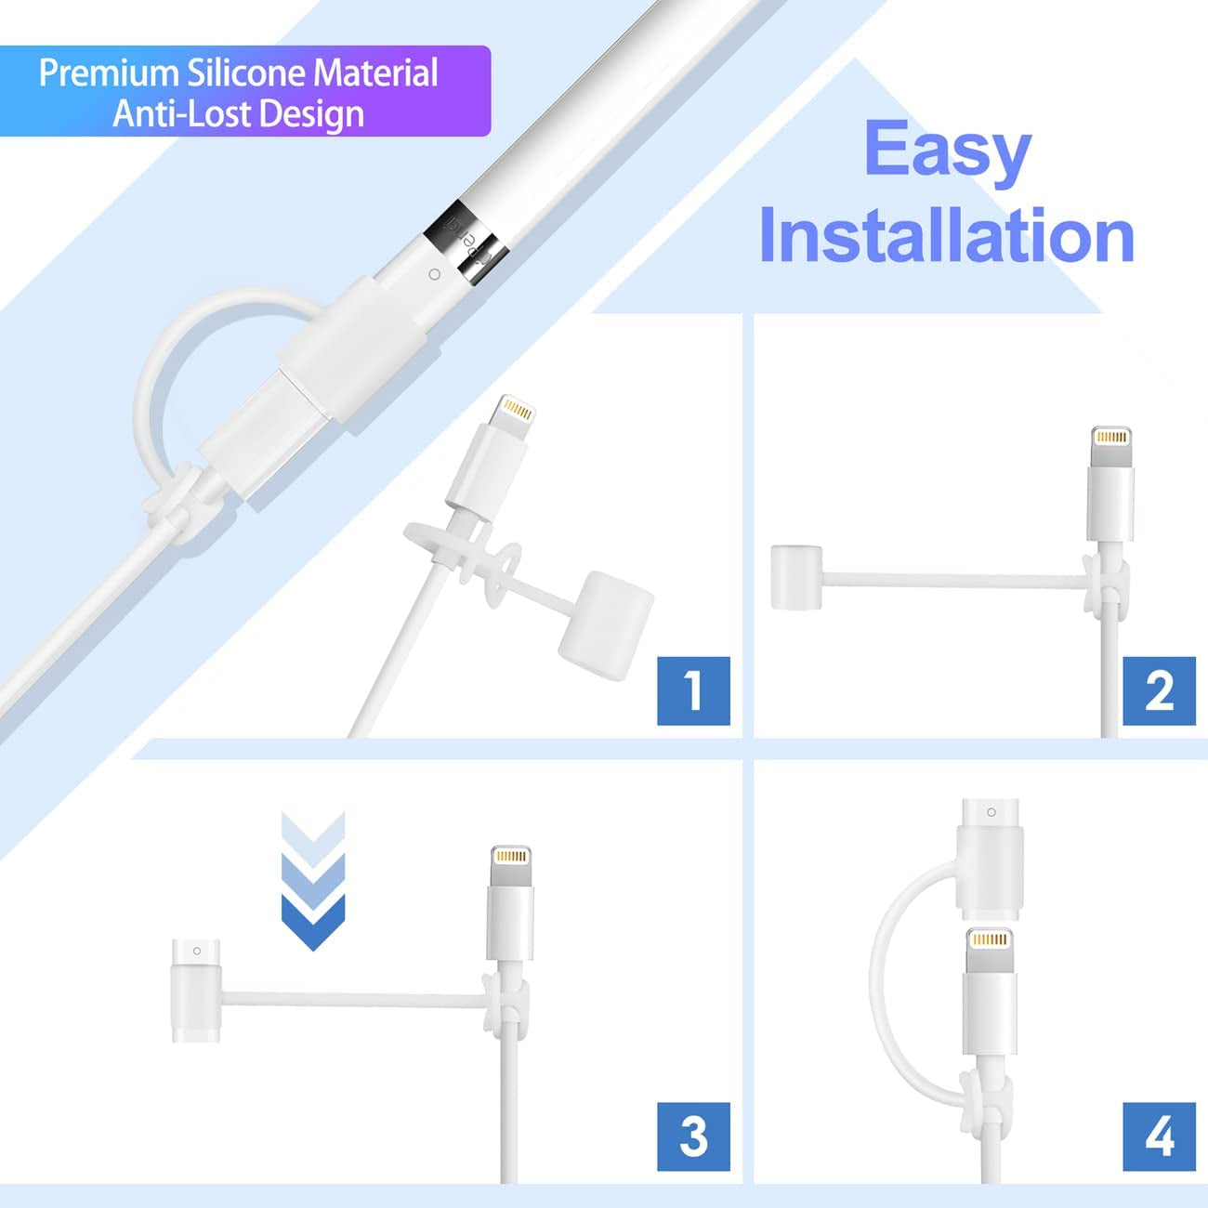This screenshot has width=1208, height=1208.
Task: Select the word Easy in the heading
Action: tap(947, 151)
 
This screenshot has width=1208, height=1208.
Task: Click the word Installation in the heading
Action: tap(946, 236)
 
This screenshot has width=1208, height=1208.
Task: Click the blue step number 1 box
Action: tap(693, 690)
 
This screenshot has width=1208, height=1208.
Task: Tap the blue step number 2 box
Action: tap(1159, 690)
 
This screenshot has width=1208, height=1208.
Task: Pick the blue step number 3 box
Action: tap(693, 1136)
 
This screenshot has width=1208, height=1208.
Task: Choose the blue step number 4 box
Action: tap(1159, 1136)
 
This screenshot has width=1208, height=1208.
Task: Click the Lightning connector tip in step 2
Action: tap(1111, 437)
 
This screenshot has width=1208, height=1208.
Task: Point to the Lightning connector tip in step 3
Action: tap(510, 856)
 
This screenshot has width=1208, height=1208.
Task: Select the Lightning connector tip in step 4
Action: tap(989, 939)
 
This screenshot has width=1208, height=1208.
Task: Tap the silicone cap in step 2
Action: tap(796, 578)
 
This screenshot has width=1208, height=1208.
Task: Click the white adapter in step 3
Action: tap(196, 991)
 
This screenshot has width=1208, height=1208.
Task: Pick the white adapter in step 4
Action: tap(991, 859)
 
